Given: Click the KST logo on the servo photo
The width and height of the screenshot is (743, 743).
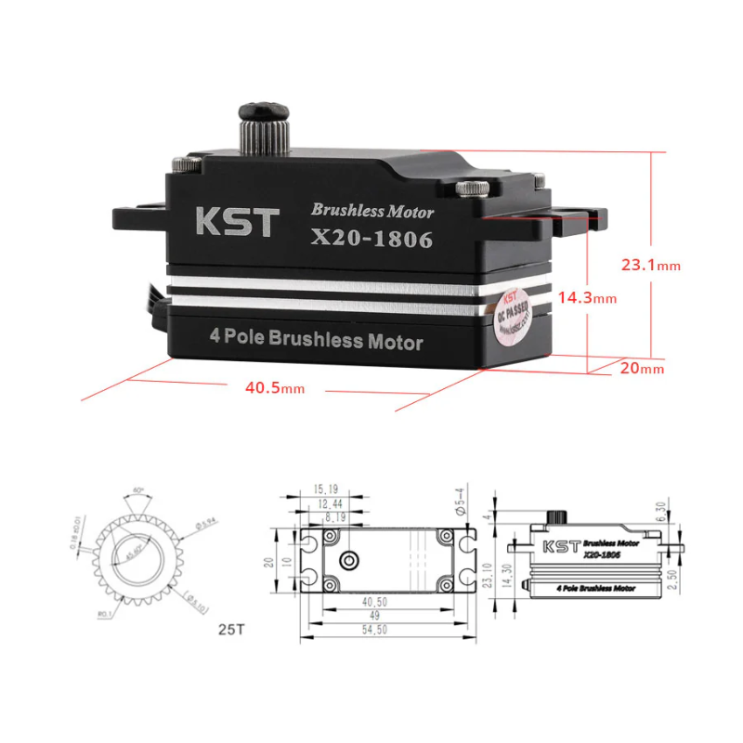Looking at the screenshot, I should pos(237,222).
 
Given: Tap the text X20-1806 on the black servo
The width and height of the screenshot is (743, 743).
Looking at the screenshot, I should pos(372,239).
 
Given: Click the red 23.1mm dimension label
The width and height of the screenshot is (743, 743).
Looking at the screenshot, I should pos(650,265).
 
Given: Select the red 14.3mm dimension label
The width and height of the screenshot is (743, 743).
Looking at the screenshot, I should pos(587,298).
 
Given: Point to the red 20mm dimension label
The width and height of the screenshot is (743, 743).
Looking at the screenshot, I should pos(642,369).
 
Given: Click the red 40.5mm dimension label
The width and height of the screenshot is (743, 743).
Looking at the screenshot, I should pos(274,387).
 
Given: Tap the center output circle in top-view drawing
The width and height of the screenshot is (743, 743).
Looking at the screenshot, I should pos(350,560).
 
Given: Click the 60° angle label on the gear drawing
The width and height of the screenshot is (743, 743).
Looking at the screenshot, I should pos(138,489).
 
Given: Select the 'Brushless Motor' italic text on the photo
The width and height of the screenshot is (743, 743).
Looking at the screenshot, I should pos(372,211).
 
